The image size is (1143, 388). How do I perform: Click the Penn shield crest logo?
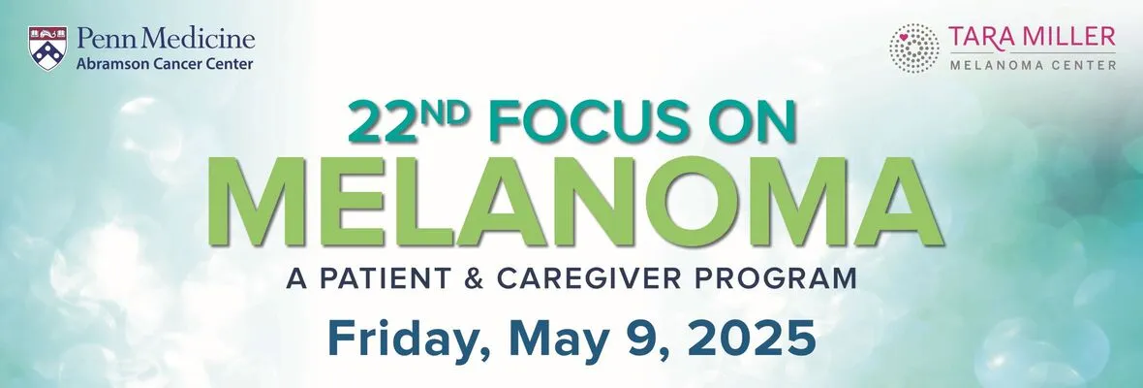[x=47, y=48]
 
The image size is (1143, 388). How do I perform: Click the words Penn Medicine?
[x=166, y=39]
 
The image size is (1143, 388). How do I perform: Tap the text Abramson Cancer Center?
[x=165, y=64]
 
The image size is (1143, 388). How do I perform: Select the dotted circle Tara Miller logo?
[x=914, y=48]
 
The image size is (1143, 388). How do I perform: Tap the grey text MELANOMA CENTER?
[x=1033, y=66]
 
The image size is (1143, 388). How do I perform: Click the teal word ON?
[x=757, y=122]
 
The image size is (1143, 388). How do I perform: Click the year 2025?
[x=752, y=338]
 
